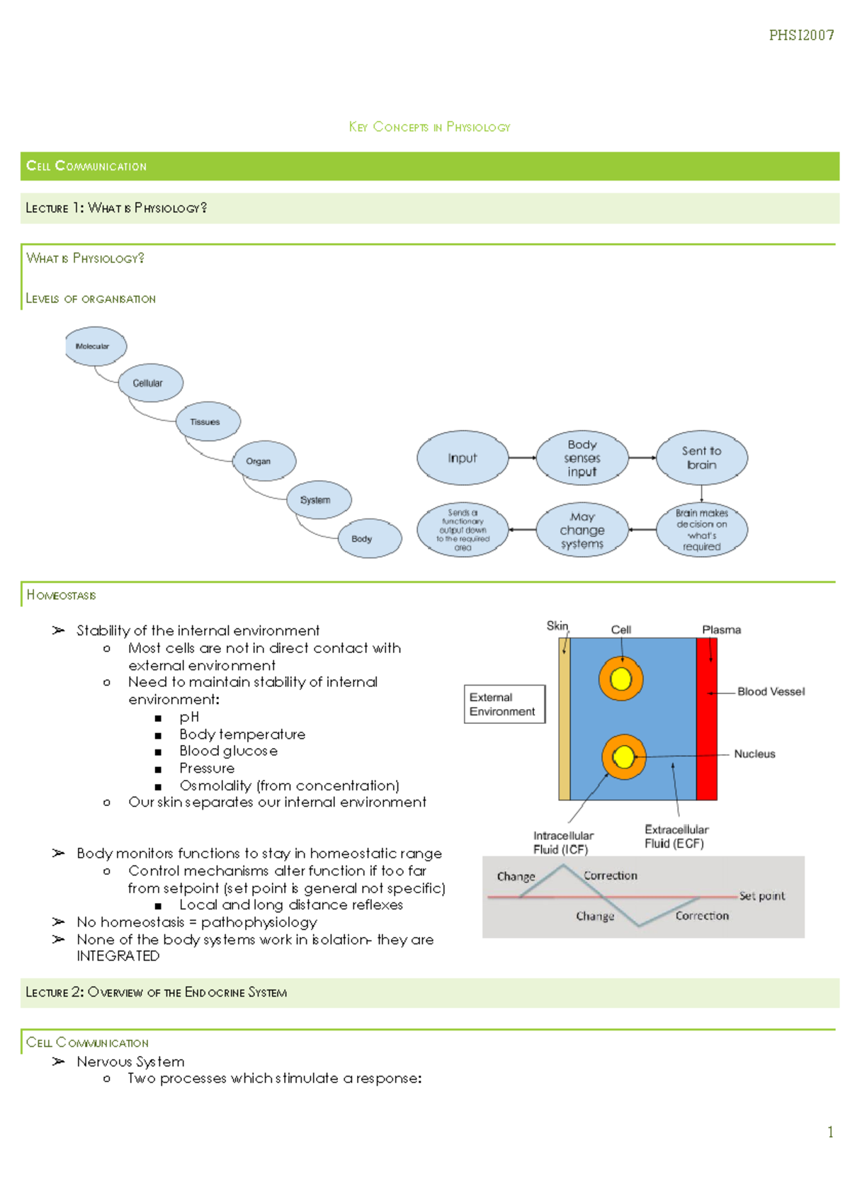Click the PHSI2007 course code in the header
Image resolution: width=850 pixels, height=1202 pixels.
[x=801, y=35]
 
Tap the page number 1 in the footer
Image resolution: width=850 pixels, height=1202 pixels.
[x=830, y=1132]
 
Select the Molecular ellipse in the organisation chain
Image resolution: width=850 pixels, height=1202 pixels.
[x=96, y=346]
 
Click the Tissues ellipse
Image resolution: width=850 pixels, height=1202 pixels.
[x=208, y=421]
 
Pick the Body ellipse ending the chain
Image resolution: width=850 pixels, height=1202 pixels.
[x=369, y=538]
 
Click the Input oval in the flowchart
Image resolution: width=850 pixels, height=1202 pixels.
[x=463, y=458]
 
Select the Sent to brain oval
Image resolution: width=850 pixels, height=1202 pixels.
[x=701, y=458]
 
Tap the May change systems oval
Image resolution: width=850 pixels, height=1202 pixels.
[x=582, y=530]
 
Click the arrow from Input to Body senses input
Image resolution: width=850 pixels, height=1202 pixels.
[x=522, y=458]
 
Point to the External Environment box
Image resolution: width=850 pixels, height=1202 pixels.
[x=504, y=704]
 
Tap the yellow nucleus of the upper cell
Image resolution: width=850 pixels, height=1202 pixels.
[x=621, y=679]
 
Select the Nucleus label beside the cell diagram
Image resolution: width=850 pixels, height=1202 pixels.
[x=754, y=754]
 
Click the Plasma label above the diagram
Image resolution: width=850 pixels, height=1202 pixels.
[x=721, y=630]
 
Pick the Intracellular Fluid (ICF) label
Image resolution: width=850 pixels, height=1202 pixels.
[x=563, y=842]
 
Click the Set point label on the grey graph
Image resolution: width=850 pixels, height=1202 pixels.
[x=762, y=896]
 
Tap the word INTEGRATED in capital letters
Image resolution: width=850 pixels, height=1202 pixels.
[x=118, y=956]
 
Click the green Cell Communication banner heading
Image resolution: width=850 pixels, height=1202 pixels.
[x=86, y=166]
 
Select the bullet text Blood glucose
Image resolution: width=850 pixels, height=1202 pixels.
[x=228, y=751]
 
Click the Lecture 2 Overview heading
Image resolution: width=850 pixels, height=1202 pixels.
[x=156, y=992]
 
